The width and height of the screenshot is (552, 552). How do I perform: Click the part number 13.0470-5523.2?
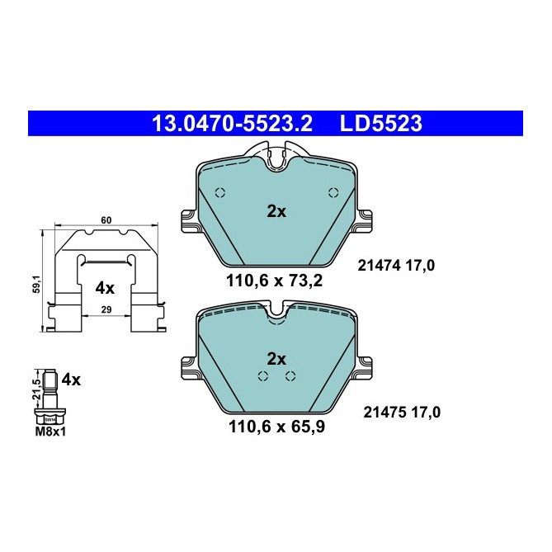tap(231, 124)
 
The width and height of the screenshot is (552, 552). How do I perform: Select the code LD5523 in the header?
tap(381, 124)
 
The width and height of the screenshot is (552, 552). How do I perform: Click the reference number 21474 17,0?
tap(396, 266)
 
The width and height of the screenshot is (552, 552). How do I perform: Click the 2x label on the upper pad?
tap(276, 211)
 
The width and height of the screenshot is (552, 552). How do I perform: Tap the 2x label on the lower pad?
tap(276, 359)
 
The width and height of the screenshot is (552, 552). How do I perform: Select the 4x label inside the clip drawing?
tap(105, 288)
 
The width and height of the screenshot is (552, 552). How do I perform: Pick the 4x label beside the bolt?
tap(71, 380)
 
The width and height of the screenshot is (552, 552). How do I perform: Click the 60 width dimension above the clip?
tap(106, 220)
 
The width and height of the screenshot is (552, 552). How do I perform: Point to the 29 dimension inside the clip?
tap(106, 308)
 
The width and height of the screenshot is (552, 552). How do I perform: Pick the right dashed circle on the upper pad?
tap(333, 193)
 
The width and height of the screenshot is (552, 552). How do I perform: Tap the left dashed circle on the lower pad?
tap(264, 376)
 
